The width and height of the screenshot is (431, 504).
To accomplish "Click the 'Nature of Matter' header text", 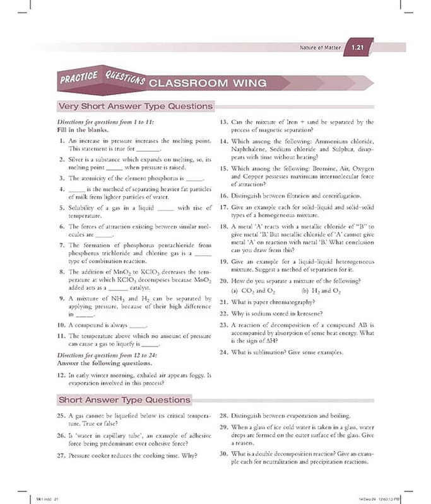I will (x=321, y=48).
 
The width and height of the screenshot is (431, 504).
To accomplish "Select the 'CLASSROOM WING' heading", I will (x=208, y=83).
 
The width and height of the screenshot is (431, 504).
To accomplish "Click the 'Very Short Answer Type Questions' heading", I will (x=135, y=106).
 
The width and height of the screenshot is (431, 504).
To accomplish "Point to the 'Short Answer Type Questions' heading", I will (x=124, y=399).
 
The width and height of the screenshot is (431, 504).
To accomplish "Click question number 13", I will (x=223, y=122).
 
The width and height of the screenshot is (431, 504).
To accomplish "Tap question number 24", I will (x=223, y=352).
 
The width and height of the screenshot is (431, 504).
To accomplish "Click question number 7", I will (x=62, y=244).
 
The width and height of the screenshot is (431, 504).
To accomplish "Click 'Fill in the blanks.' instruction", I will (x=84, y=130).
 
